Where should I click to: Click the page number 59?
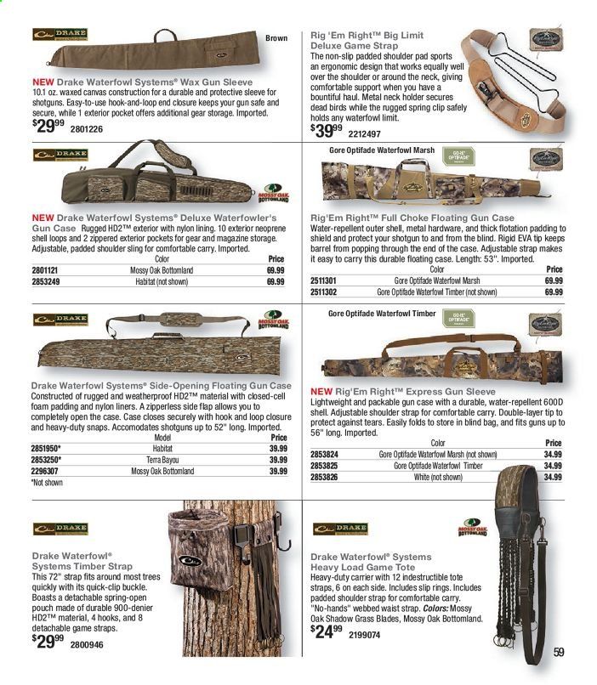pos(559,653)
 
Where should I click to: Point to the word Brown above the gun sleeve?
pos(276,37)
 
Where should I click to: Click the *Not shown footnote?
pos(48,482)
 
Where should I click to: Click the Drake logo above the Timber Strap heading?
pos(60,528)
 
